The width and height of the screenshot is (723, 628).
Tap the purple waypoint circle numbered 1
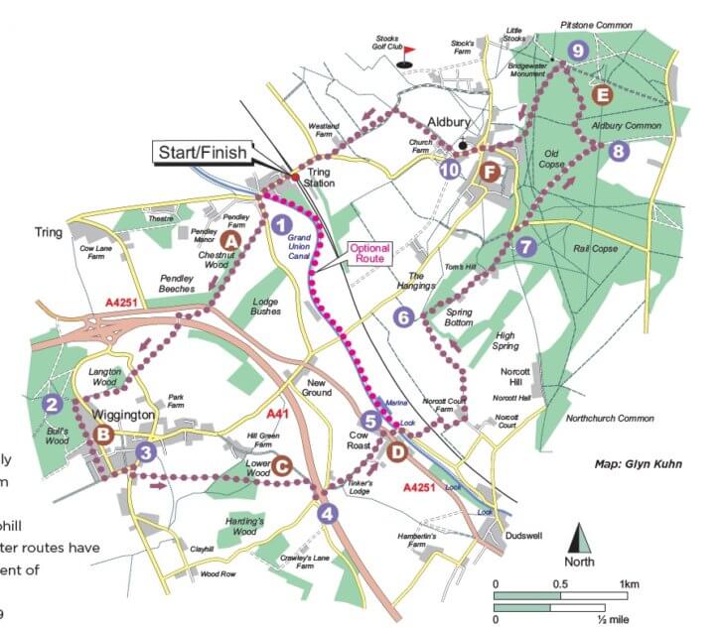tap(281, 224)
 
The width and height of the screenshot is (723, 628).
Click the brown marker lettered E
tap(600, 95)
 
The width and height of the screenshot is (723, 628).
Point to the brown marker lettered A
tap(231, 240)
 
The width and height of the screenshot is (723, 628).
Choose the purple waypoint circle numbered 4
tap(327, 513)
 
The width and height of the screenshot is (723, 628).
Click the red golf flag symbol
tap(407, 56)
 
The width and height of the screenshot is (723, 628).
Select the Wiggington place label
tap(127, 414)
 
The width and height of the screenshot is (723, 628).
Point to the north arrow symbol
tap(580, 540)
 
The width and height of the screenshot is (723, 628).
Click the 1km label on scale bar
tap(629, 583)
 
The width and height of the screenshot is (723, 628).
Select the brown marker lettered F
tap(488, 172)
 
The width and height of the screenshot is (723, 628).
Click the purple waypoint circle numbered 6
tap(403, 317)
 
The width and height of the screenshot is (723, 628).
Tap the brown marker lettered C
tap(281, 464)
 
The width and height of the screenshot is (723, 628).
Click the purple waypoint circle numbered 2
tap(52, 404)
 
